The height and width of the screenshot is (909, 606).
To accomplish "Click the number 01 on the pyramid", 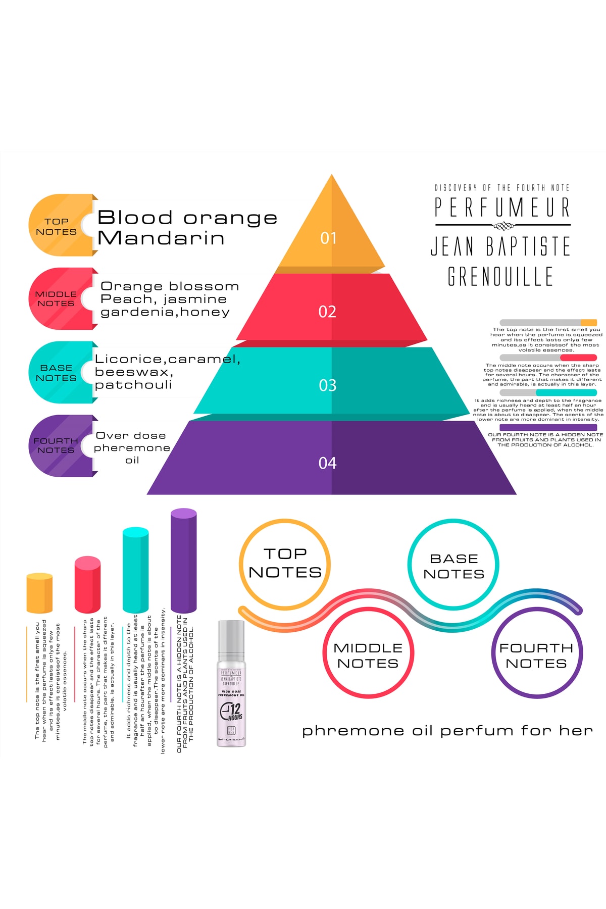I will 328,238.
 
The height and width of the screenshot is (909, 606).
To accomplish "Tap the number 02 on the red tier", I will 327,312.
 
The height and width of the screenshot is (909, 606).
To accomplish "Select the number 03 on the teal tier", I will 328,386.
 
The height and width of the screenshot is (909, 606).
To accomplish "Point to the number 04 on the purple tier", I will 327,463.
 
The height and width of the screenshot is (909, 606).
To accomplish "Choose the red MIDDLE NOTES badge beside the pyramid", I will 57,298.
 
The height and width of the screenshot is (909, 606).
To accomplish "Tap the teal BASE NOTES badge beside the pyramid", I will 57,373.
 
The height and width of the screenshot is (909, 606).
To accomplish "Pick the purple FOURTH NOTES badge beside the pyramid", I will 57,445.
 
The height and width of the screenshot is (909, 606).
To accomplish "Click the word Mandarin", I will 161,238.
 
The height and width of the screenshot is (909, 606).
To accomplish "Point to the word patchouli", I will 133,385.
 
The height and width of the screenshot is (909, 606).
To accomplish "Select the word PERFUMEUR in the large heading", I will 502,207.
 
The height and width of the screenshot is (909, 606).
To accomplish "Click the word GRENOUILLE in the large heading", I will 500,276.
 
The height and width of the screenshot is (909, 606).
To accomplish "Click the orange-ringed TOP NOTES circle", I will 285,564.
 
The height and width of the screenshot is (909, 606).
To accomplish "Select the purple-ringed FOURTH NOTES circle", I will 537,654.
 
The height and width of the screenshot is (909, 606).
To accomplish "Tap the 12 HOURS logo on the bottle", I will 231,711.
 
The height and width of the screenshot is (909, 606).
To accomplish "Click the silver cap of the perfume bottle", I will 231,637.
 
